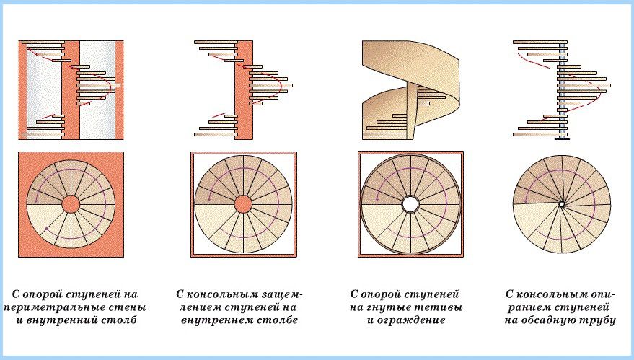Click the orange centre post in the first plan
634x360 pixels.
(x=71, y=203)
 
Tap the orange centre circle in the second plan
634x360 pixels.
(x=243, y=204)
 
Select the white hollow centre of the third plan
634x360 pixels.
(x=410, y=204)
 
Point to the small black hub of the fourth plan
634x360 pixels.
(x=562, y=205)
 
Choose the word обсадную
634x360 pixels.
(x=545, y=320)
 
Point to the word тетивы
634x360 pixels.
(x=442, y=307)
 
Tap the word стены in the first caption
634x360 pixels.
(x=129, y=307)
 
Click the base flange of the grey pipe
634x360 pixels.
(x=562, y=139)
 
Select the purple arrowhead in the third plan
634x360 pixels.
(x=377, y=198)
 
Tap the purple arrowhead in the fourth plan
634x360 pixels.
(x=527, y=201)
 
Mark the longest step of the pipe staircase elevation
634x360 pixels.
(x=584, y=85)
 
